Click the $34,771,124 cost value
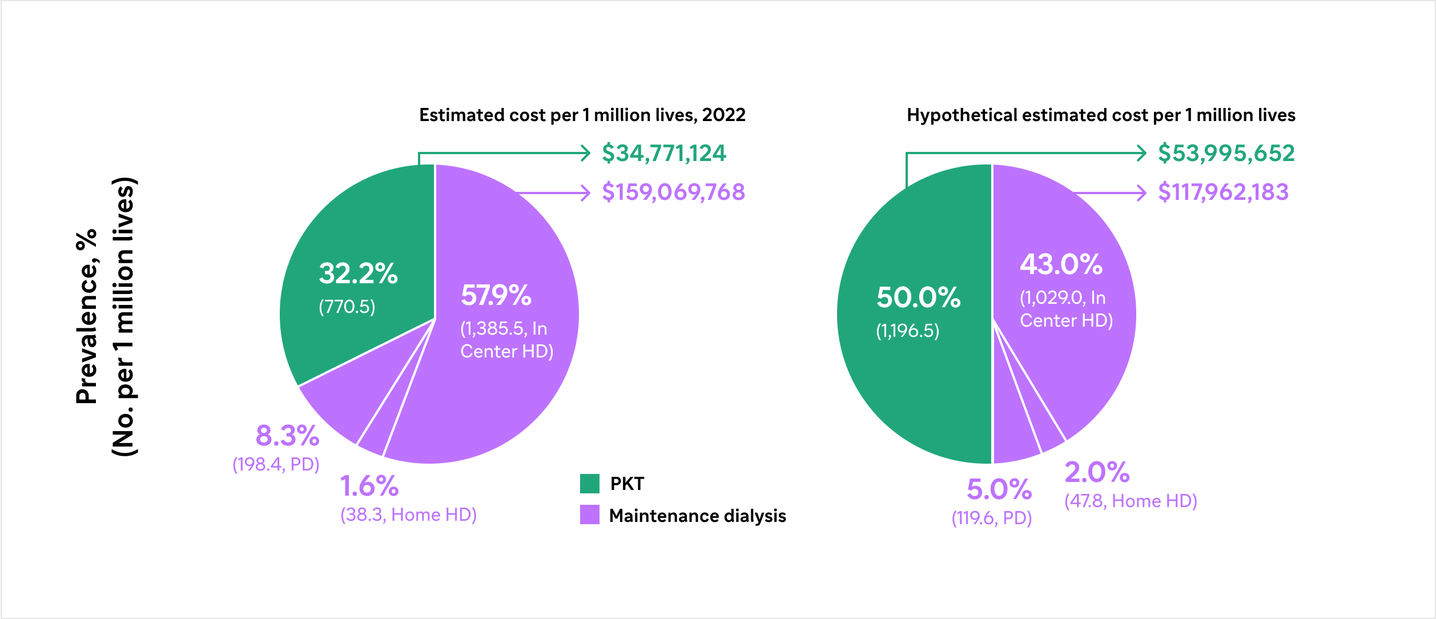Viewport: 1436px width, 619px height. tap(663, 153)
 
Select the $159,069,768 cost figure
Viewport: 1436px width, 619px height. tap(673, 192)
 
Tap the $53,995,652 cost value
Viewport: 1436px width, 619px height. tap(1226, 153)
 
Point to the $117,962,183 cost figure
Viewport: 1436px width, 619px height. tap(1223, 192)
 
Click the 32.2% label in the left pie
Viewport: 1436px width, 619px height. tap(358, 274)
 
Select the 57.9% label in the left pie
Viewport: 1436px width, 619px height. tap(496, 295)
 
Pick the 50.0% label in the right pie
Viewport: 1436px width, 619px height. tap(918, 298)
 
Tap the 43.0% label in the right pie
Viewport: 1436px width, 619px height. tap(1061, 264)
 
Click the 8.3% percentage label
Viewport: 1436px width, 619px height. tap(287, 436)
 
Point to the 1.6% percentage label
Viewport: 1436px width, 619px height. tap(369, 486)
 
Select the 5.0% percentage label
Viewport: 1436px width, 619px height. tap(999, 489)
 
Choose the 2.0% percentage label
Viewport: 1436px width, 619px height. tap(1097, 472)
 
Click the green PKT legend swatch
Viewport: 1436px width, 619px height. tap(589, 484)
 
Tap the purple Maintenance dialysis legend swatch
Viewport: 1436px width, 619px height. tap(589, 515)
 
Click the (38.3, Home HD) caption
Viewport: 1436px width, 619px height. tap(408, 515)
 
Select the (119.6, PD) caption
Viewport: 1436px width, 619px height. tap(991, 518)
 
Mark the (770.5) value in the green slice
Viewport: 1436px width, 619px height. tap(347, 307)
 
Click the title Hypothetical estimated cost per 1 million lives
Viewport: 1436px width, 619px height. tap(1100, 115)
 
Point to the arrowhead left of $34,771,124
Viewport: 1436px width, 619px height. tap(585, 153)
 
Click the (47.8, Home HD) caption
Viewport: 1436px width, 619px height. tap(1131, 501)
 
